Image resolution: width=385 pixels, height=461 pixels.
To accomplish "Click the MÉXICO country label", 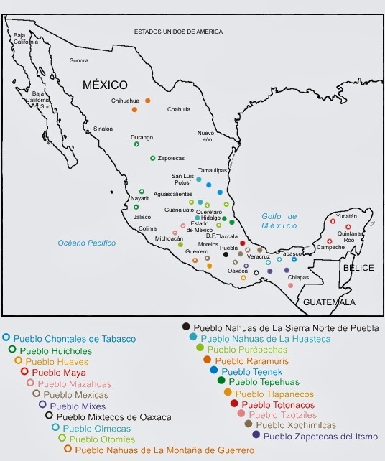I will (105, 84).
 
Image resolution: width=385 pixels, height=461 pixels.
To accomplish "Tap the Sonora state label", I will (79, 60).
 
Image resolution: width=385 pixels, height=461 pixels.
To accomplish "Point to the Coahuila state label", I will (179, 109).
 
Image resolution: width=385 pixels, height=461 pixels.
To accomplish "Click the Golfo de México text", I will (279, 220).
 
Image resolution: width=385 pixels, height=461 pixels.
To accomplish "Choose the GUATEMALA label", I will (329, 302).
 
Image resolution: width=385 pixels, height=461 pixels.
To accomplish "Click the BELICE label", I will (358, 267).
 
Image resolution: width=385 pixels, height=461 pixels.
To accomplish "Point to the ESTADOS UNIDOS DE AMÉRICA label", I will (178, 32).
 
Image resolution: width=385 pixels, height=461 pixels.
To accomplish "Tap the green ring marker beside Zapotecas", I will (153, 158).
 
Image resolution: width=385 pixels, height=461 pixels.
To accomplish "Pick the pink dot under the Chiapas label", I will (290, 286).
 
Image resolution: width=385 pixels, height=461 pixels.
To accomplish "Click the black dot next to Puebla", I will (226, 254).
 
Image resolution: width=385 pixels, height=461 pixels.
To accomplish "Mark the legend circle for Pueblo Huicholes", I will (12, 350).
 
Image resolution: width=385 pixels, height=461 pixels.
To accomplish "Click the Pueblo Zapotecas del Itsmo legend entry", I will (315, 435).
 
